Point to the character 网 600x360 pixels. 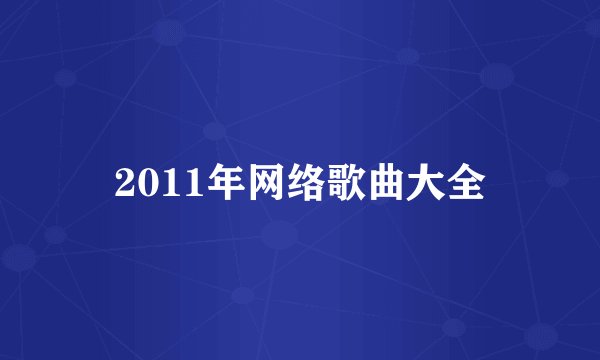pyautogui.click(x=253, y=183)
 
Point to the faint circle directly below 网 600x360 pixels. pyautogui.click(x=280, y=236)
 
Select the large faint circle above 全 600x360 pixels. pyautogui.click(x=497, y=75)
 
